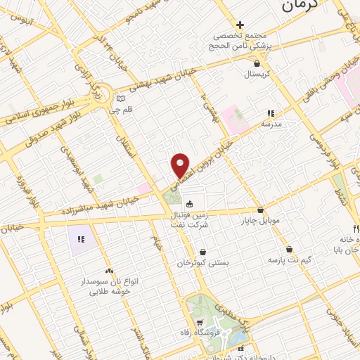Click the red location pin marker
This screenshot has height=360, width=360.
181,165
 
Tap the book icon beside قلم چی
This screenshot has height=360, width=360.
121,98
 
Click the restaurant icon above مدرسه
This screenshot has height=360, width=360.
270,112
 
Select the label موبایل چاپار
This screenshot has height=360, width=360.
264,221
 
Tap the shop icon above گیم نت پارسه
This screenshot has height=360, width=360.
289,249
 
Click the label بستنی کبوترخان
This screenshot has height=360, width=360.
204,262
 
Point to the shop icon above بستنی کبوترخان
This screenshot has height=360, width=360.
203,252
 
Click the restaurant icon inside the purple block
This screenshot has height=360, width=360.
82,240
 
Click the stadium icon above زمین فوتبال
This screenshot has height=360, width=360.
189,203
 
